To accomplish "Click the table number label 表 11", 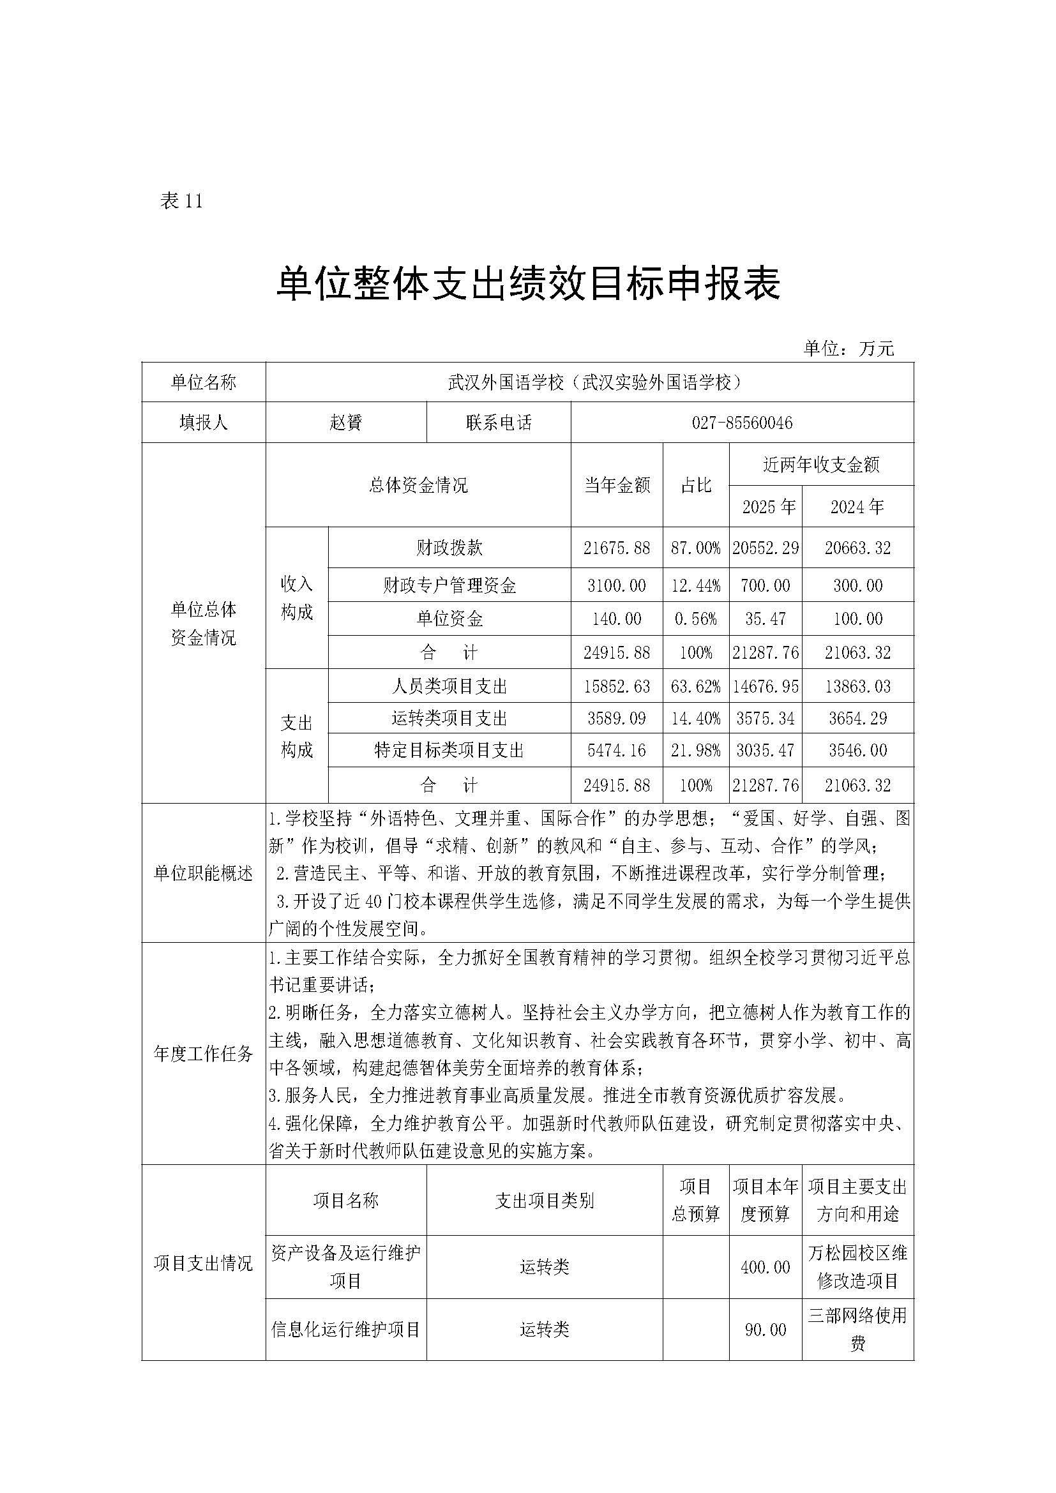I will (181, 202).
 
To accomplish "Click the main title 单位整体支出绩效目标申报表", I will (528, 284).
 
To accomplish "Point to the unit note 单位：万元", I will (849, 349).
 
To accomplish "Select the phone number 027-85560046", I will (742, 423).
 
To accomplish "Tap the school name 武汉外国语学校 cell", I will (589, 382).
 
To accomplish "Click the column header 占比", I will (696, 485).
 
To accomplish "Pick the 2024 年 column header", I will (857, 507).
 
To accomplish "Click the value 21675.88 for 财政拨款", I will (617, 548).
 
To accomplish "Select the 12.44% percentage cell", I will (696, 586).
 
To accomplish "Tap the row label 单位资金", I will (449, 619).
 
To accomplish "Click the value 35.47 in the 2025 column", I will (766, 619).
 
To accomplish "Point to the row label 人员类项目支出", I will (449, 687).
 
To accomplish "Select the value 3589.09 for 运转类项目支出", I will (617, 719).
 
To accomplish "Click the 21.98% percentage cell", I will (696, 751).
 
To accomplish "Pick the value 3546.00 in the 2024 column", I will (857, 751).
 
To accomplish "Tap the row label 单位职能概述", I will (203, 873).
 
